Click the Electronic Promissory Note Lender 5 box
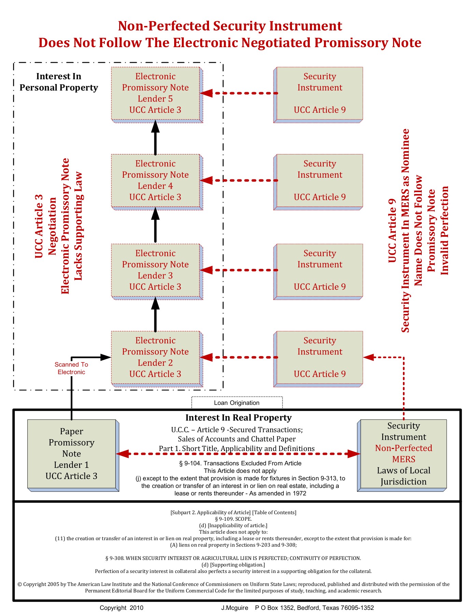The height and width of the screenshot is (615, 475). (155, 93)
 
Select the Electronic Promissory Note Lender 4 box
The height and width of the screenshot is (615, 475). (155, 180)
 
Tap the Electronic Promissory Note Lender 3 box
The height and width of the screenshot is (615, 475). (155, 270)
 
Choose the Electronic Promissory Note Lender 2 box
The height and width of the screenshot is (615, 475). (155, 357)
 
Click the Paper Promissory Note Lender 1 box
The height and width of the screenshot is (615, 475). (71, 454)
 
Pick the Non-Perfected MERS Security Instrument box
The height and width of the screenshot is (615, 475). (403, 454)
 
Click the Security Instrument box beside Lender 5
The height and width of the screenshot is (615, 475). (320, 93)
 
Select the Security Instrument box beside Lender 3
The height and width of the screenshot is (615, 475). (320, 270)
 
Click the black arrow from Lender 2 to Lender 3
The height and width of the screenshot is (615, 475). (155, 315)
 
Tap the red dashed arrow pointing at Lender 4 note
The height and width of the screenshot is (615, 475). (239, 180)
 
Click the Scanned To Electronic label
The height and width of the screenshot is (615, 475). (71, 368)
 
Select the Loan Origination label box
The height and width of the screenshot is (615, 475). (237, 403)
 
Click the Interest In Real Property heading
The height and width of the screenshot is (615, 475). (238, 418)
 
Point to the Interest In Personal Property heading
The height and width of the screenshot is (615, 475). (59, 82)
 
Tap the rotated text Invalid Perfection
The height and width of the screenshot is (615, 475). (445, 230)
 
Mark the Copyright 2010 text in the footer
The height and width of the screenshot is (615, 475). (122, 608)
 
